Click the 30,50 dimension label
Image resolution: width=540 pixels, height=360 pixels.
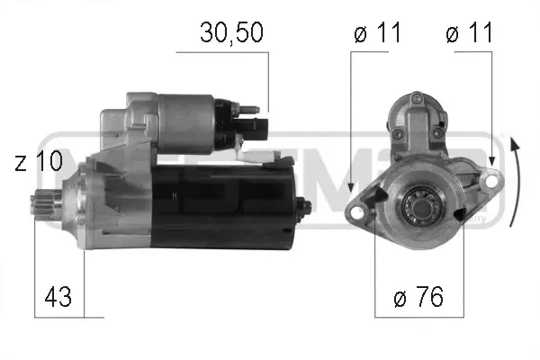click(x=231, y=32)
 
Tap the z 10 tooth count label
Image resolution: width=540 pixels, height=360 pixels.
click(x=39, y=160)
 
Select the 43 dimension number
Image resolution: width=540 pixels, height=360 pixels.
click(x=58, y=296)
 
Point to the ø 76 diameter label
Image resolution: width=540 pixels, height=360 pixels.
click(x=418, y=296)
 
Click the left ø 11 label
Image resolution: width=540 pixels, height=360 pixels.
click(x=377, y=32)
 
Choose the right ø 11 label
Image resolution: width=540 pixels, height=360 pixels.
click(x=470, y=32)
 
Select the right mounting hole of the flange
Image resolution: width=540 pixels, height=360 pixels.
click(x=491, y=181)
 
